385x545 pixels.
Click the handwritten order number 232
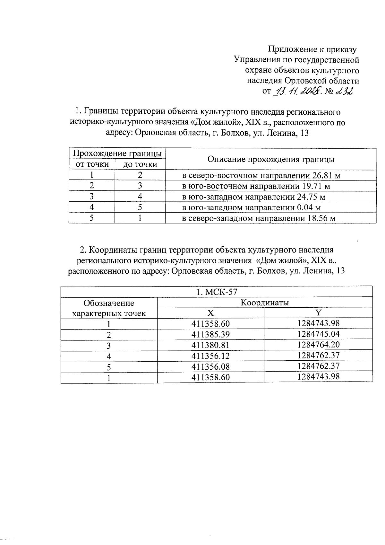pyautogui.click(x=344, y=92)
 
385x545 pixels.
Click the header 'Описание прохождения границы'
pyautogui.click(x=271, y=160)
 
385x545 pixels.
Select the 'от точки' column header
pyautogui.click(x=92, y=164)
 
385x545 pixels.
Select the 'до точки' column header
pyautogui.click(x=140, y=164)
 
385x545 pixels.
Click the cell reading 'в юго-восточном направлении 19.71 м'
pyautogui.click(x=256, y=186)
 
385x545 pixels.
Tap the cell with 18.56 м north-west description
pyautogui.click(x=259, y=218)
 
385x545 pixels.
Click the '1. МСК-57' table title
pyautogui.click(x=217, y=292)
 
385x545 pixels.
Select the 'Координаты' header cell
pyautogui.click(x=265, y=303)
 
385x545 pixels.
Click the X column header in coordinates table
pyautogui.click(x=210, y=313)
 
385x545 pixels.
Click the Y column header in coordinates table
pyautogui.click(x=318, y=313)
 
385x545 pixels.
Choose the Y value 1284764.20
pyautogui.click(x=318, y=345)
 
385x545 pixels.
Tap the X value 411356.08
pyautogui.click(x=210, y=366)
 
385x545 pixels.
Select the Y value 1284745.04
pyautogui.click(x=318, y=334)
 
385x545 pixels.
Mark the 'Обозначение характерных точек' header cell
pyautogui.click(x=109, y=308)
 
